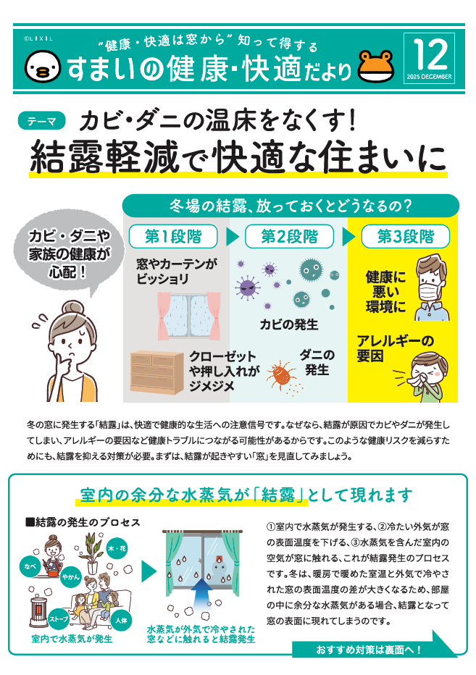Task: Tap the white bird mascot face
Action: (41, 66)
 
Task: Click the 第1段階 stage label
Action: (172, 236)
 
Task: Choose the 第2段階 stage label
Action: (289, 236)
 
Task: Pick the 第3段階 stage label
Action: (406, 236)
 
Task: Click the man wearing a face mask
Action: (432, 288)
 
